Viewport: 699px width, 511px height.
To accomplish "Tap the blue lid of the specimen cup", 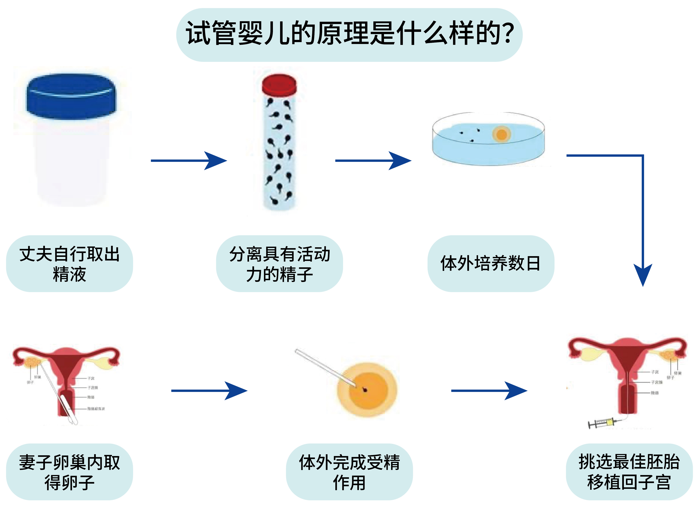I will pos(71,96).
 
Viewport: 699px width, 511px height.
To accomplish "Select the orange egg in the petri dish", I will pos(501,135).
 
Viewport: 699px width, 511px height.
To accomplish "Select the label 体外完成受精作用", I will pos(349,472).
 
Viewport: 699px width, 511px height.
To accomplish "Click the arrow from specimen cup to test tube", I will pos(189,161).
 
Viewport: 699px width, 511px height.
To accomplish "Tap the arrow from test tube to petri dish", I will pos(373,161).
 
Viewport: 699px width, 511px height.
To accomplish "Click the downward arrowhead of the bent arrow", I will pos(643,274).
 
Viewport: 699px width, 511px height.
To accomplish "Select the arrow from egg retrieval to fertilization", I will pos(209,391).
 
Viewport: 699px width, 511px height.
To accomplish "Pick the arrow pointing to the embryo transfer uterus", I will pos(489,391).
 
